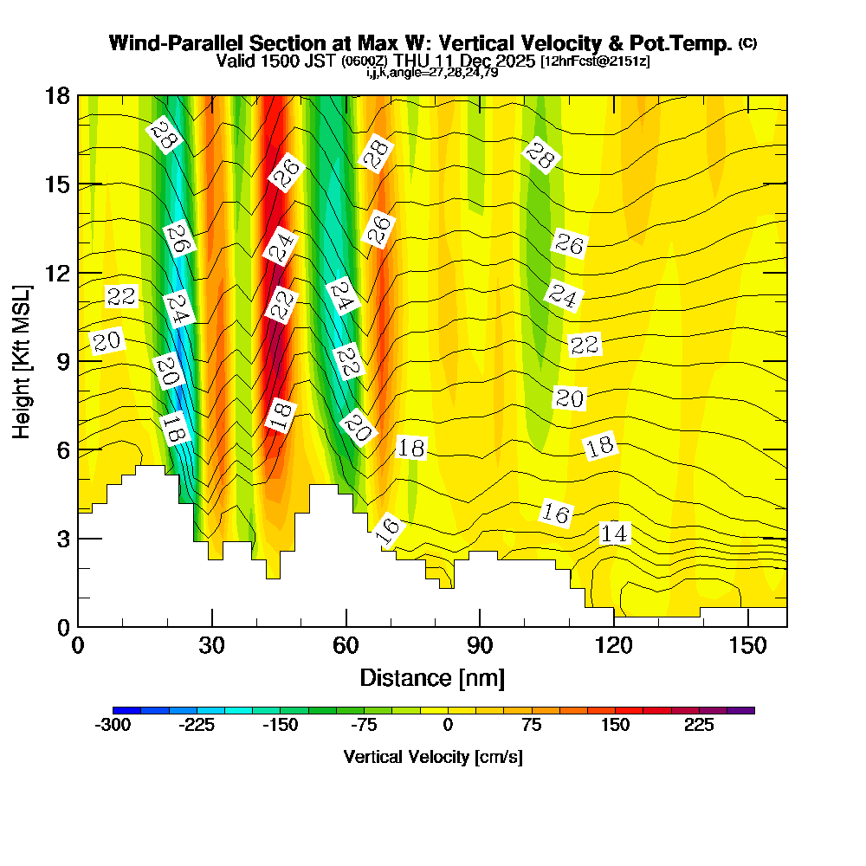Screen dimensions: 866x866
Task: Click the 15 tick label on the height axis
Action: [x=58, y=184]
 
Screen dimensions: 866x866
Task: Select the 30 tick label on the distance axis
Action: [x=212, y=646]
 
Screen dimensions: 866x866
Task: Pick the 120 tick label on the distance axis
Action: [x=614, y=646]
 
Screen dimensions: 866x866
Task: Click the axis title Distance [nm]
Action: [x=432, y=677]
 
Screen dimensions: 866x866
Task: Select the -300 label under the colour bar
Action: [x=113, y=726]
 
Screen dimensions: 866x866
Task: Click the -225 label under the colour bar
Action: [x=197, y=726]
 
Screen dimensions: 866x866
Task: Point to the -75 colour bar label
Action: [x=365, y=726]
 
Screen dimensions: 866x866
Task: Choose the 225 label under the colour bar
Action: [x=699, y=726]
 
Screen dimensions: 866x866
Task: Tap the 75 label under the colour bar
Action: [x=531, y=726]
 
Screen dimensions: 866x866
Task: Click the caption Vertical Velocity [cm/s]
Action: [x=433, y=757]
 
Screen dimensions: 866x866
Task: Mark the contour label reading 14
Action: [x=614, y=534]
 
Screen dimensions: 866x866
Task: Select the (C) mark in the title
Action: [x=747, y=43]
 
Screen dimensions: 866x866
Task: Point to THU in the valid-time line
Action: [x=413, y=61]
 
